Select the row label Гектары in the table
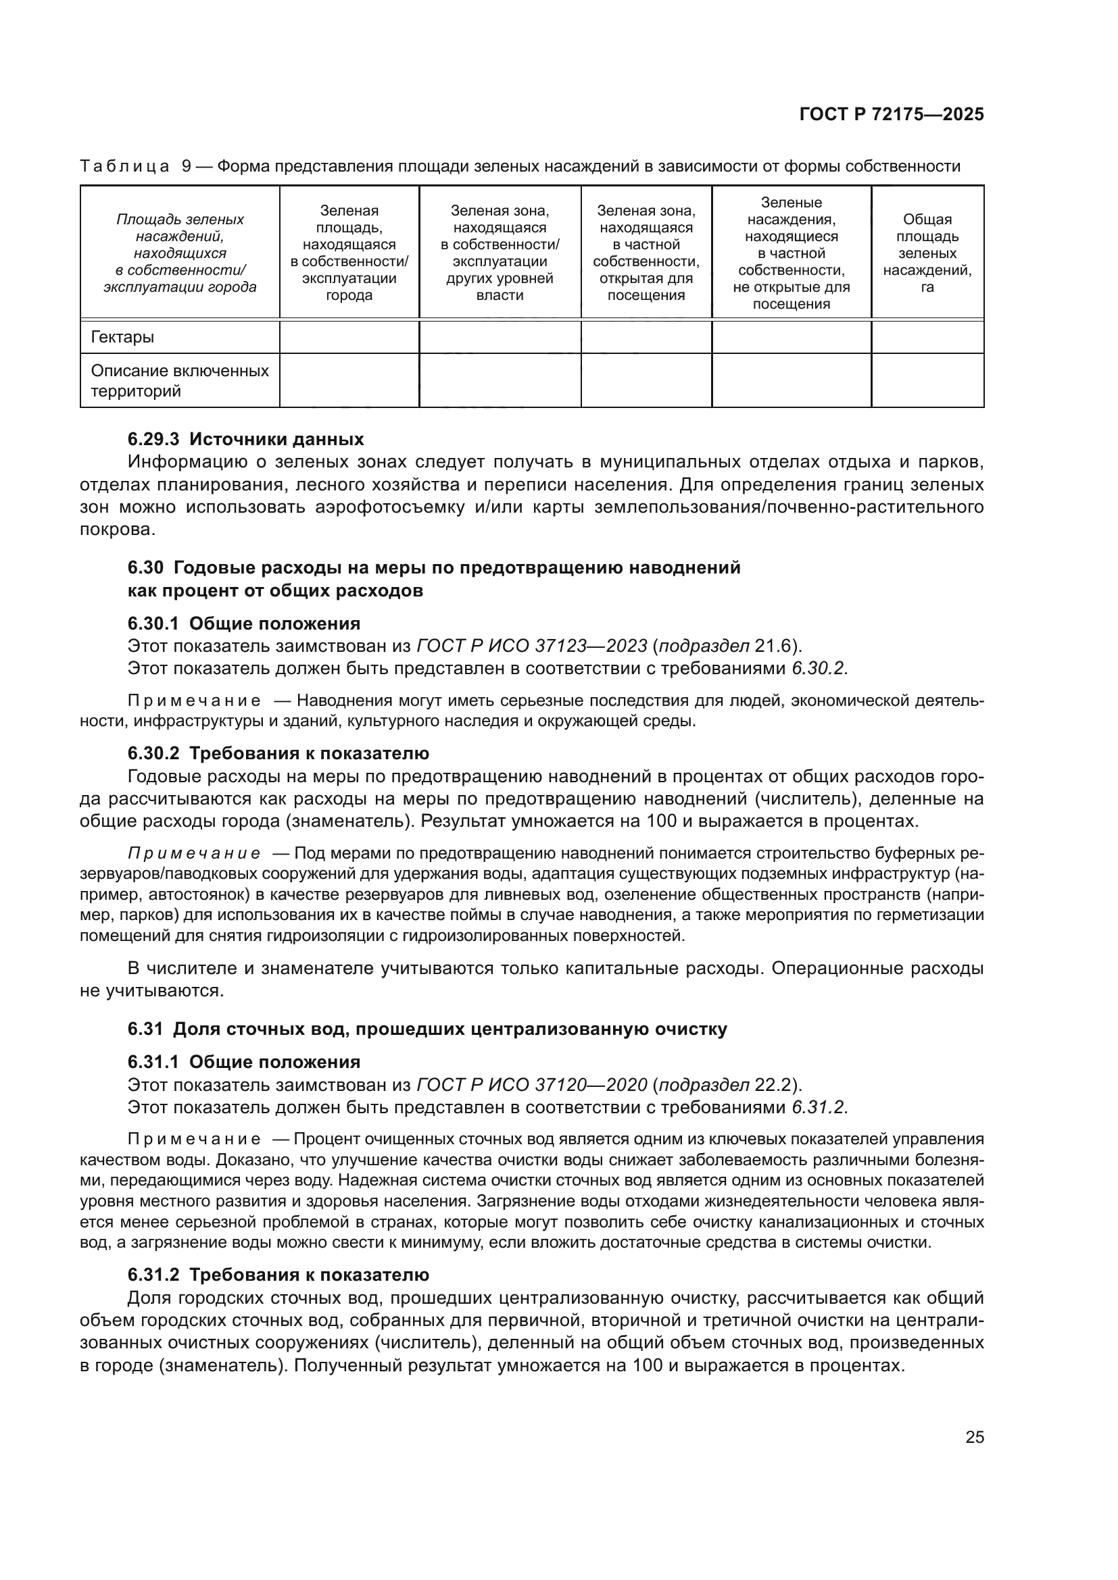click(122, 337)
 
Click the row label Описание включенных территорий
click(179, 380)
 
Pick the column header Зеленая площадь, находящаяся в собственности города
click(349, 253)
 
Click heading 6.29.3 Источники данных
click(245, 439)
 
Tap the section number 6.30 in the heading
click(145, 567)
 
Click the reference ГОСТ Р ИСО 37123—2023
click(531, 646)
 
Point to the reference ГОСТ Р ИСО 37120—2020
click(531, 1086)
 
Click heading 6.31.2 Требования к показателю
click(278, 1275)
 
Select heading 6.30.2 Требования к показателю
click(278, 754)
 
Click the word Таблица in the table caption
click(124, 167)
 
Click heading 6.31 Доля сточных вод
click(427, 1029)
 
